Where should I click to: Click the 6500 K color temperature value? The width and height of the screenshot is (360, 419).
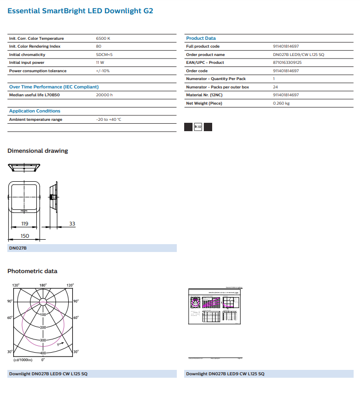pos(103,38)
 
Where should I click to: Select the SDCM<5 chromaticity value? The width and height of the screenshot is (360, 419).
pos(104,55)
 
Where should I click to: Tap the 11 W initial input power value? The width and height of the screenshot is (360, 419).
pos(100,62)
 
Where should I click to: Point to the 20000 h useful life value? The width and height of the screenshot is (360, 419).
pos(104,95)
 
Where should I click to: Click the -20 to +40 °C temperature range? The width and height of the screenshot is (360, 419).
pos(109,119)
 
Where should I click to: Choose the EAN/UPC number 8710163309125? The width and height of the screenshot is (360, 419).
pos(287,62)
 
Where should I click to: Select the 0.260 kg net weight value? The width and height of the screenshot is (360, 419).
pos(281,103)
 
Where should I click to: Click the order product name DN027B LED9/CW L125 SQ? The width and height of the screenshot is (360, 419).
pos(298,55)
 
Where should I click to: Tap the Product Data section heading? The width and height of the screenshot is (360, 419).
pos(200,38)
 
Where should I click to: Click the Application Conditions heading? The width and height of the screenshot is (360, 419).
pos(35,111)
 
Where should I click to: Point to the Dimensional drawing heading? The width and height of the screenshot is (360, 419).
pos(38,151)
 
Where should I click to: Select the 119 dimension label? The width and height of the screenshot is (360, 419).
pos(25,223)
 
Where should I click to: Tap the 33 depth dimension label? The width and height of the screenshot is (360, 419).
pos(72,223)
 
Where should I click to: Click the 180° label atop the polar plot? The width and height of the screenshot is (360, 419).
pos(43,285)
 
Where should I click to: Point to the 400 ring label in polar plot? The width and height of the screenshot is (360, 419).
pos(43,353)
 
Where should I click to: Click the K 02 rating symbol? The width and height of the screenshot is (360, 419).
pos(198,127)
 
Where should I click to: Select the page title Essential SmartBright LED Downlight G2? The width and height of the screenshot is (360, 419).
pos(80,10)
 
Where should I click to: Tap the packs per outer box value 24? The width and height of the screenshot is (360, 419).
pos(276,87)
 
